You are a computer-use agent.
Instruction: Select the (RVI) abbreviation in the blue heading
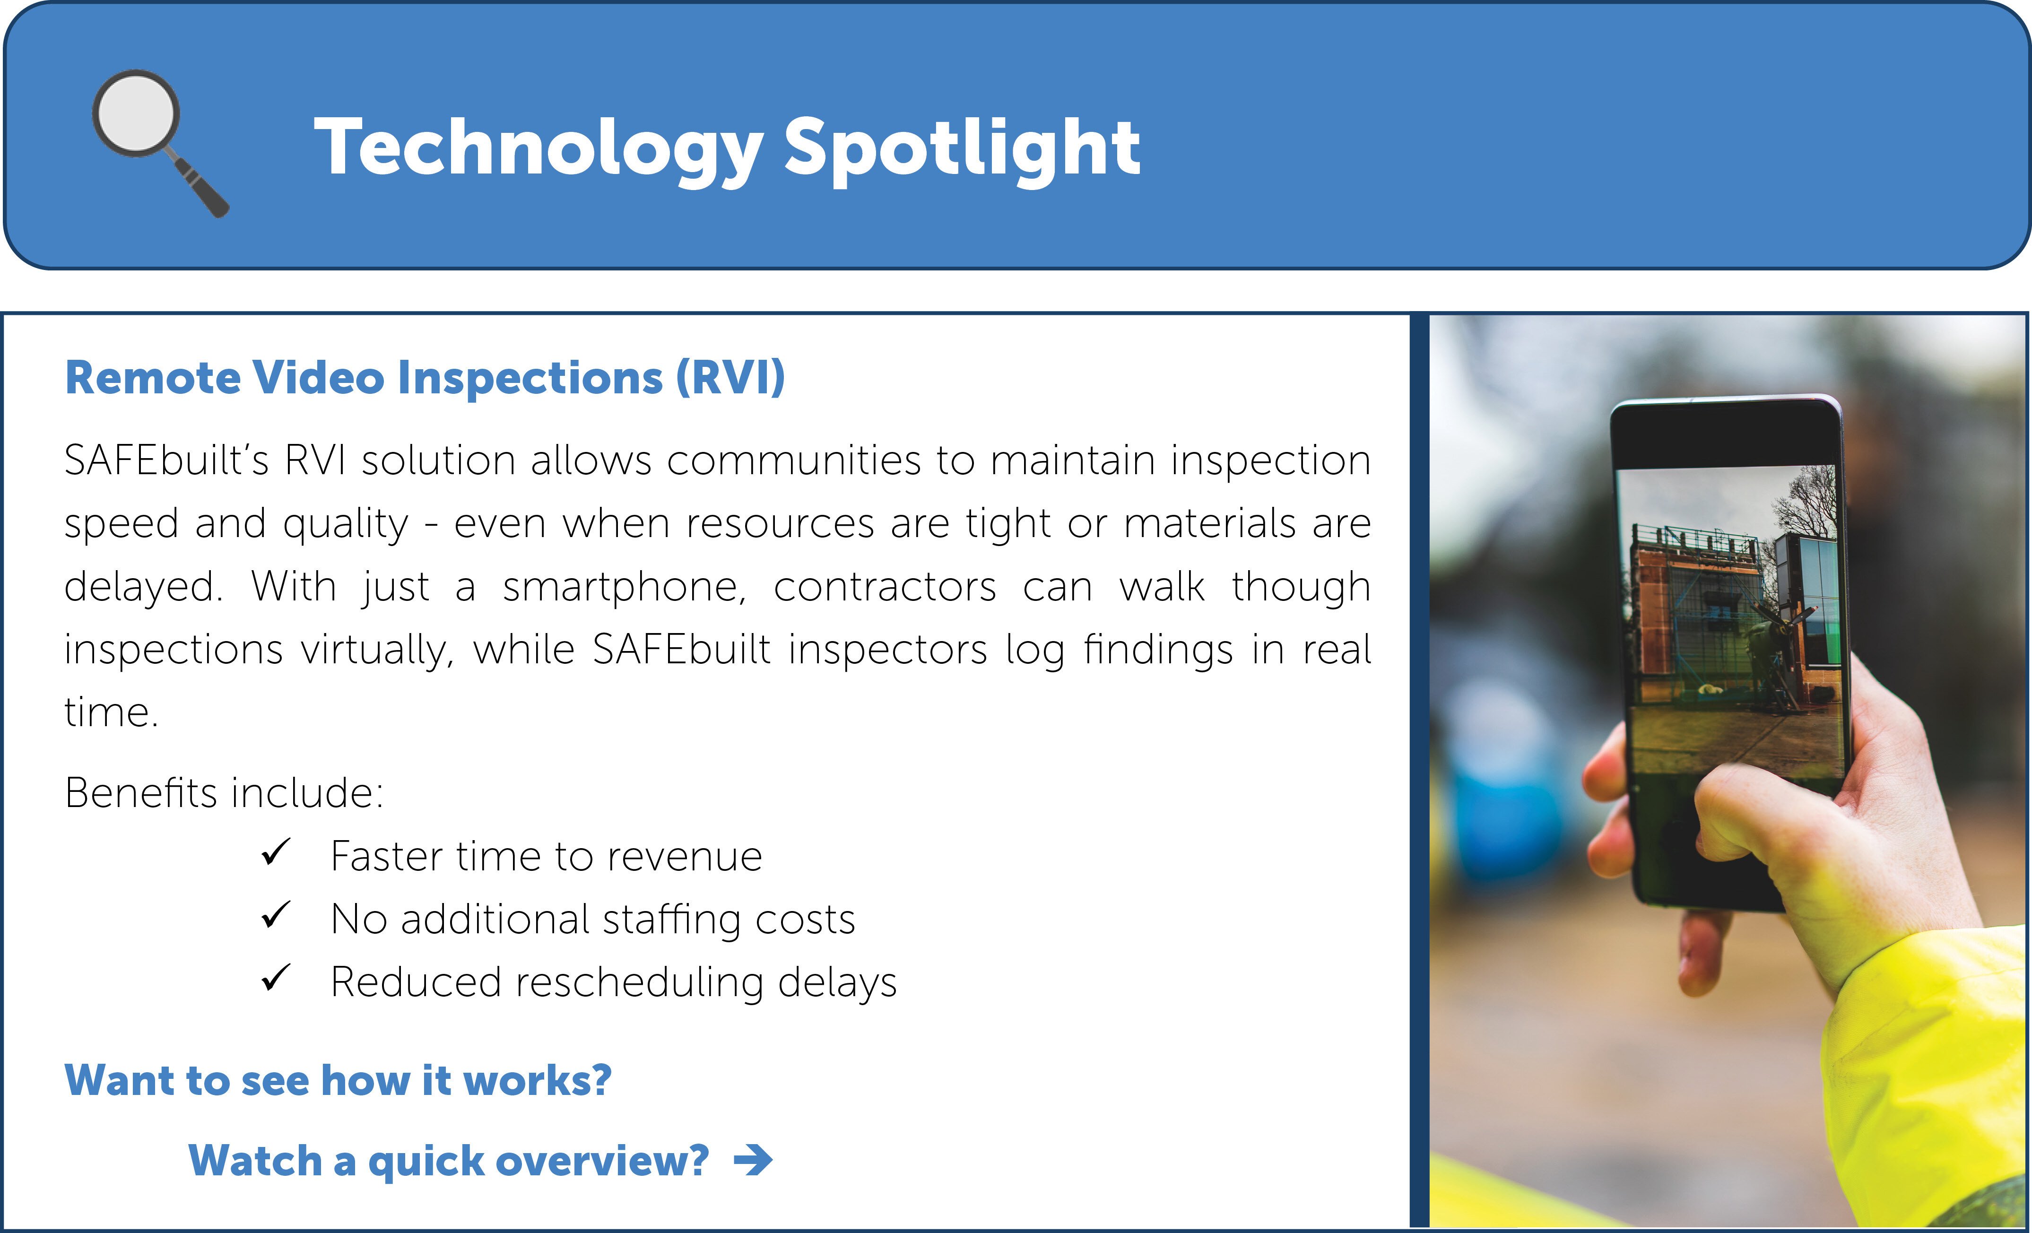coord(730,378)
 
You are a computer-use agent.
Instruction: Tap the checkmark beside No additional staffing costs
coord(276,915)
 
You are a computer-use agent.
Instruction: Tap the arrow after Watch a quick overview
coord(754,1160)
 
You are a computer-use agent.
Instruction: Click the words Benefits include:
coord(224,792)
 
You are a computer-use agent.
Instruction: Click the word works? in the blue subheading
coord(538,1080)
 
